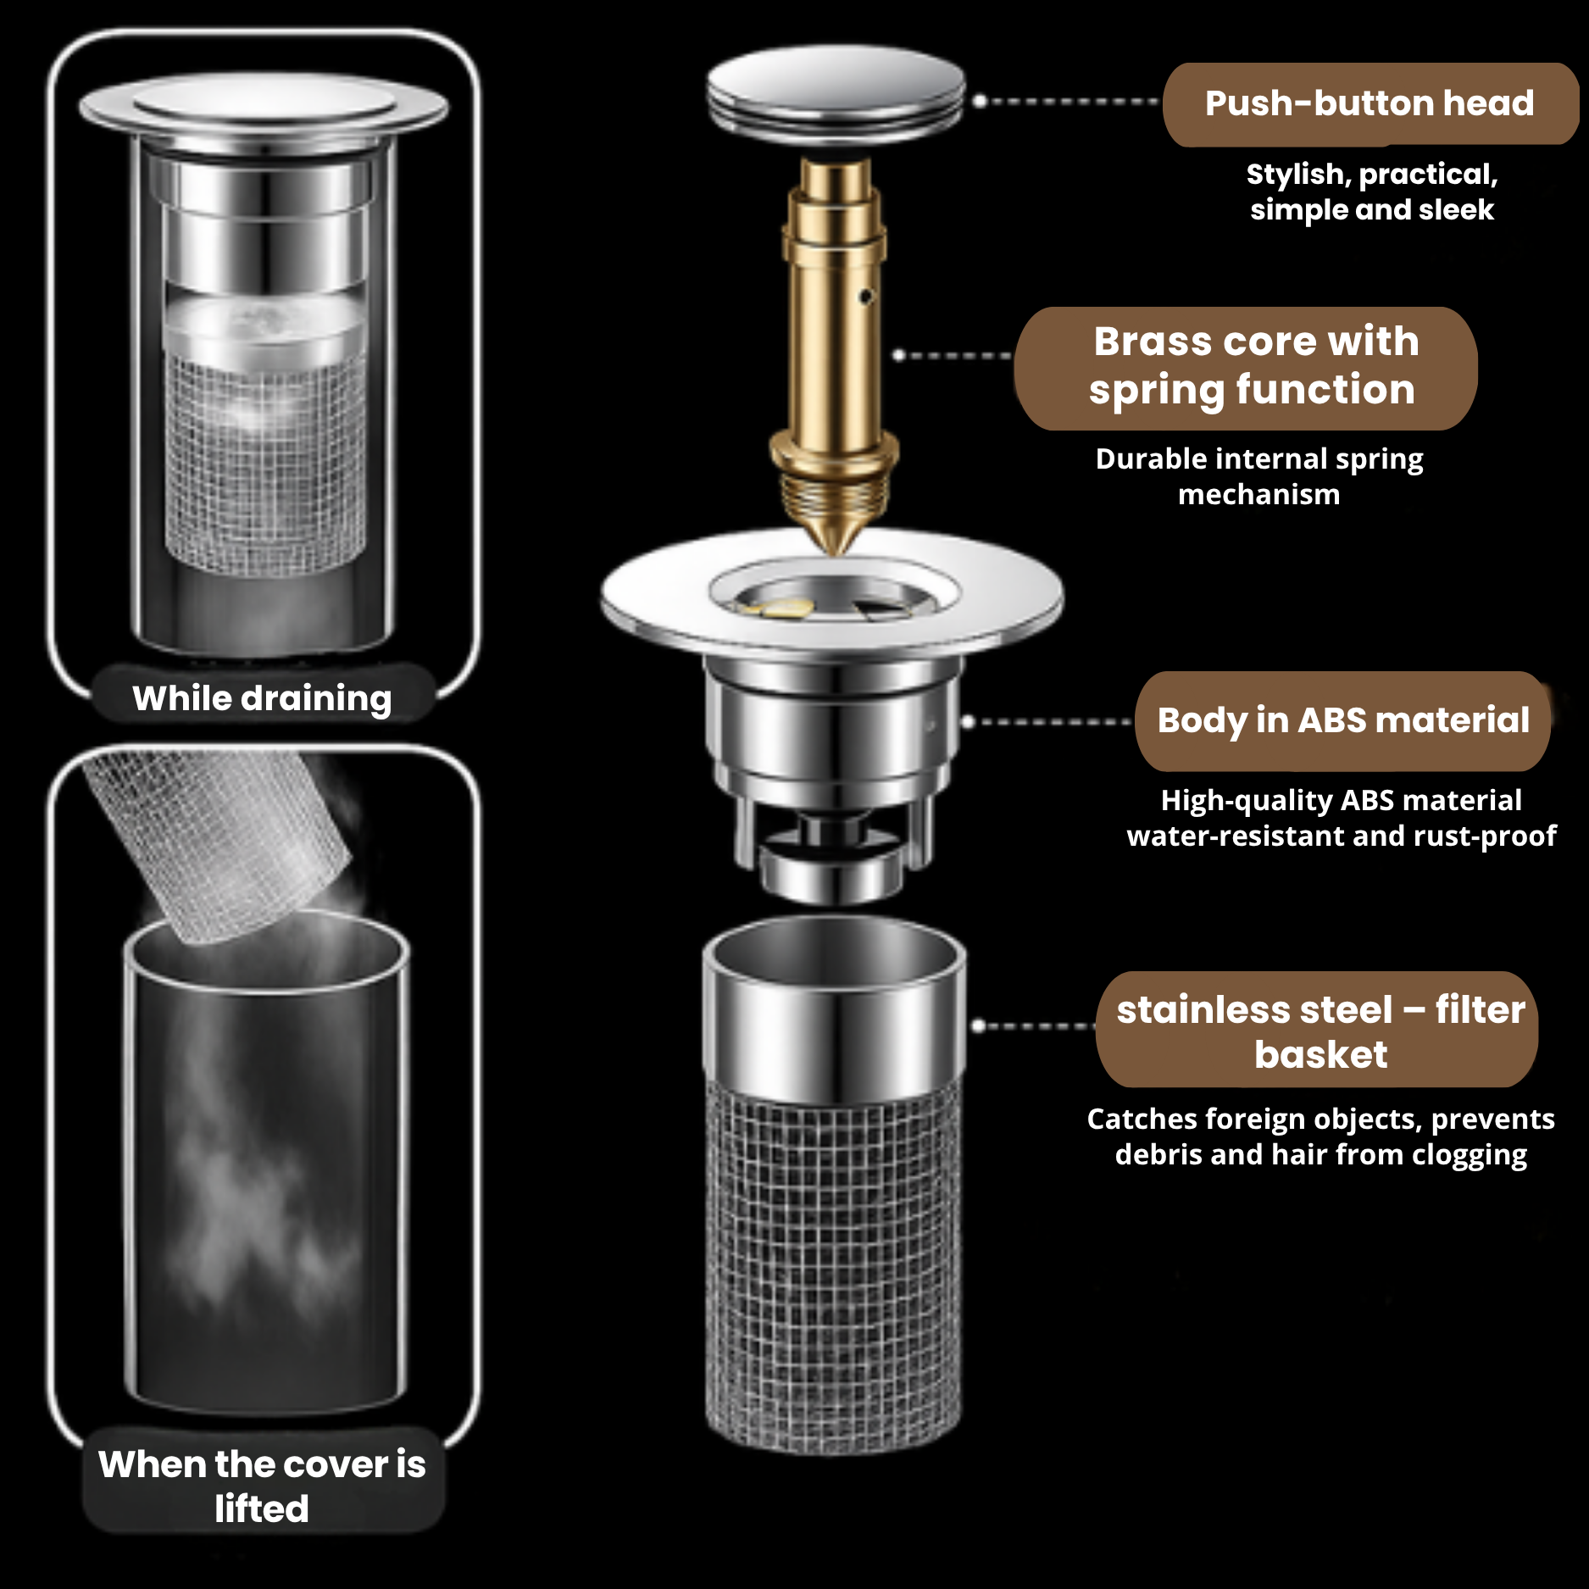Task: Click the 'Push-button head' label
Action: (x=1370, y=103)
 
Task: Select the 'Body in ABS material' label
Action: (x=1343, y=721)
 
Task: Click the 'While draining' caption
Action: (x=263, y=698)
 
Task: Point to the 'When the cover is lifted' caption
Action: (x=262, y=1486)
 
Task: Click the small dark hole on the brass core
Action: (x=865, y=297)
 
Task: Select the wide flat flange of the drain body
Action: (x=832, y=593)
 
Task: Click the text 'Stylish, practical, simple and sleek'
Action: (x=1372, y=192)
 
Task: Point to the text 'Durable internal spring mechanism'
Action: (x=1259, y=476)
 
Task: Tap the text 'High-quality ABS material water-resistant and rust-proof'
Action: (x=1342, y=818)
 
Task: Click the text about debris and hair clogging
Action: (x=1321, y=1136)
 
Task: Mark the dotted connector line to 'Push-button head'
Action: (x=1066, y=101)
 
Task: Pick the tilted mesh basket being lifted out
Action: (x=218, y=845)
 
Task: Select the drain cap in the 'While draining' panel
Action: (x=264, y=108)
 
